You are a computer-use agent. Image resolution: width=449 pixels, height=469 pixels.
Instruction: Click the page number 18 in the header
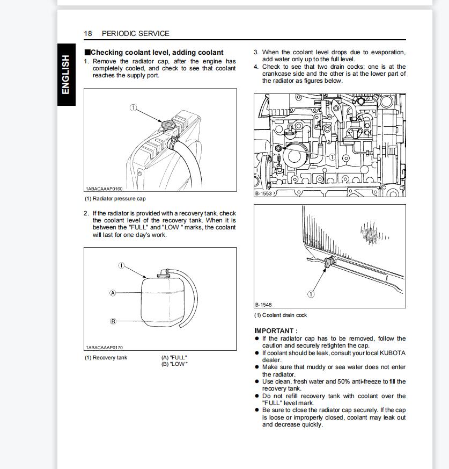pyautogui.click(x=88, y=33)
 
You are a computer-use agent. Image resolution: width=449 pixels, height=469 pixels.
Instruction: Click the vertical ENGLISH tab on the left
pyautogui.click(x=65, y=75)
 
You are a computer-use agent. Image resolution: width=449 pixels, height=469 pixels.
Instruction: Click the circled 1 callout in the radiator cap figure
pyautogui.click(x=133, y=108)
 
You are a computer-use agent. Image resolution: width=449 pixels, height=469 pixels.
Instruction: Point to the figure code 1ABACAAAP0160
pyautogui.click(x=104, y=189)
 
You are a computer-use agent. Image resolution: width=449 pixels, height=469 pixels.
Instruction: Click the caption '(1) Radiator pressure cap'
pyautogui.click(x=115, y=199)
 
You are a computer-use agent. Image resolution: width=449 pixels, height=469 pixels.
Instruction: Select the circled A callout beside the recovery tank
pyautogui.click(x=113, y=293)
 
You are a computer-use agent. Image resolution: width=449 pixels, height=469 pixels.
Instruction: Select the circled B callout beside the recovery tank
pyautogui.click(x=113, y=321)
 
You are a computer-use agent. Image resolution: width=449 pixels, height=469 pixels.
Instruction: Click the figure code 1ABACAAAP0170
pyautogui.click(x=104, y=348)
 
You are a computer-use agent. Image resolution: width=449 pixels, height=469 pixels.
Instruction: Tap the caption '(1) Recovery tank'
pyautogui.click(x=106, y=358)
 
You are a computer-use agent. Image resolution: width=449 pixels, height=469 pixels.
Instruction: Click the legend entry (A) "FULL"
pyautogui.click(x=174, y=358)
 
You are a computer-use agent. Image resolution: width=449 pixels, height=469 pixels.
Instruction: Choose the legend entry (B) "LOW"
pyautogui.click(x=174, y=364)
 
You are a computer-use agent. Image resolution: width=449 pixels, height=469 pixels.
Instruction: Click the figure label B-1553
pyautogui.click(x=263, y=193)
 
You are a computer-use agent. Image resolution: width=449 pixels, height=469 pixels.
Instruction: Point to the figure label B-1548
pyautogui.click(x=263, y=305)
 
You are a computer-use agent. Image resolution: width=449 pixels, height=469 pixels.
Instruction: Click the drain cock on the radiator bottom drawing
pyautogui.click(x=329, y=261)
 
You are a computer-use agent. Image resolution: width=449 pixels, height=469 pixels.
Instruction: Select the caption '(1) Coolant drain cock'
pyautogui.click(x=281, y=315)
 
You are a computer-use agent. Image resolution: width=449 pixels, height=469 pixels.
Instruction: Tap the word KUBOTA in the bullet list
pyautogui.click(x=393, y=353)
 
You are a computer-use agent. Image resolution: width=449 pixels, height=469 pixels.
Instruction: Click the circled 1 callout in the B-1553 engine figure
pyautogui.click(x=332, y=157)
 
